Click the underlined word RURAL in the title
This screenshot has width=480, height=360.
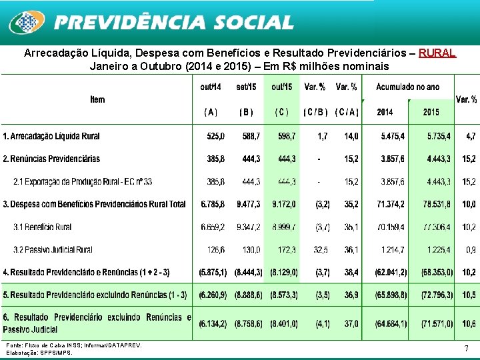click(437, 52)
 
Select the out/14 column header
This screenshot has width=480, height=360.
click(211, 87)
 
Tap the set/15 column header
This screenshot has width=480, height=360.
click(247, 87)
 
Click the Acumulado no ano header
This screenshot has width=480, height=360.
click(407, 87)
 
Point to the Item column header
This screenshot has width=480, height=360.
click(97, 99)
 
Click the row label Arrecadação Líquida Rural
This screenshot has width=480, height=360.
click(51, 136)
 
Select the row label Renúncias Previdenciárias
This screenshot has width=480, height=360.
click(51, 159)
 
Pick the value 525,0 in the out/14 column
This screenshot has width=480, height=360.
click(215, 136)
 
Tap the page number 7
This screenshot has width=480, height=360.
click(466, 349)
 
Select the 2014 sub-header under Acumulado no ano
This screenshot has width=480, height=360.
click(385, 112)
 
